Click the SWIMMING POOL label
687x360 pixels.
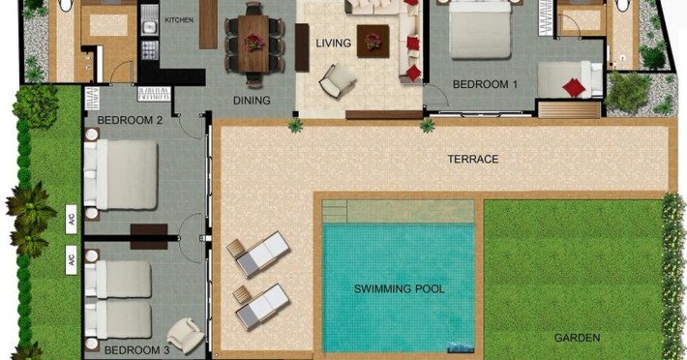tap(400, 289)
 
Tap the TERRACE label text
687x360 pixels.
tap(473, 159)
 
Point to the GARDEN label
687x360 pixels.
tap(577, 338)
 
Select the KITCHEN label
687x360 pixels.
tap(179, 20)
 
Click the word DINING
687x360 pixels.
tap(252, 101)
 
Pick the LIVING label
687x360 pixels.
tap(334, 43)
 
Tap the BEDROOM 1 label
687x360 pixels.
tap(485, 84)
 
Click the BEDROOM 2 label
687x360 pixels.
tap(130, 120)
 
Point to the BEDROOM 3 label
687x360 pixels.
tap(136, 350)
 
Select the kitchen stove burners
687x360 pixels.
tap(149, 50)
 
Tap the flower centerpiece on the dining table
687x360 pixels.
tap(254, 43)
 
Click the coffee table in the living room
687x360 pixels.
tap(373, 42)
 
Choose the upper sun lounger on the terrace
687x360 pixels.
tap(258, 254)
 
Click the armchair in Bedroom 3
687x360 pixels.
tap(185, 336)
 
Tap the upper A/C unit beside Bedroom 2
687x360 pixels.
tap(71, 219)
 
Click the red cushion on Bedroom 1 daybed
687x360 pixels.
tap(574, 88)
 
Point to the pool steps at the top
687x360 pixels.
tap(334, 211)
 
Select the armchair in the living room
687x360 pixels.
tap(338, 81)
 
